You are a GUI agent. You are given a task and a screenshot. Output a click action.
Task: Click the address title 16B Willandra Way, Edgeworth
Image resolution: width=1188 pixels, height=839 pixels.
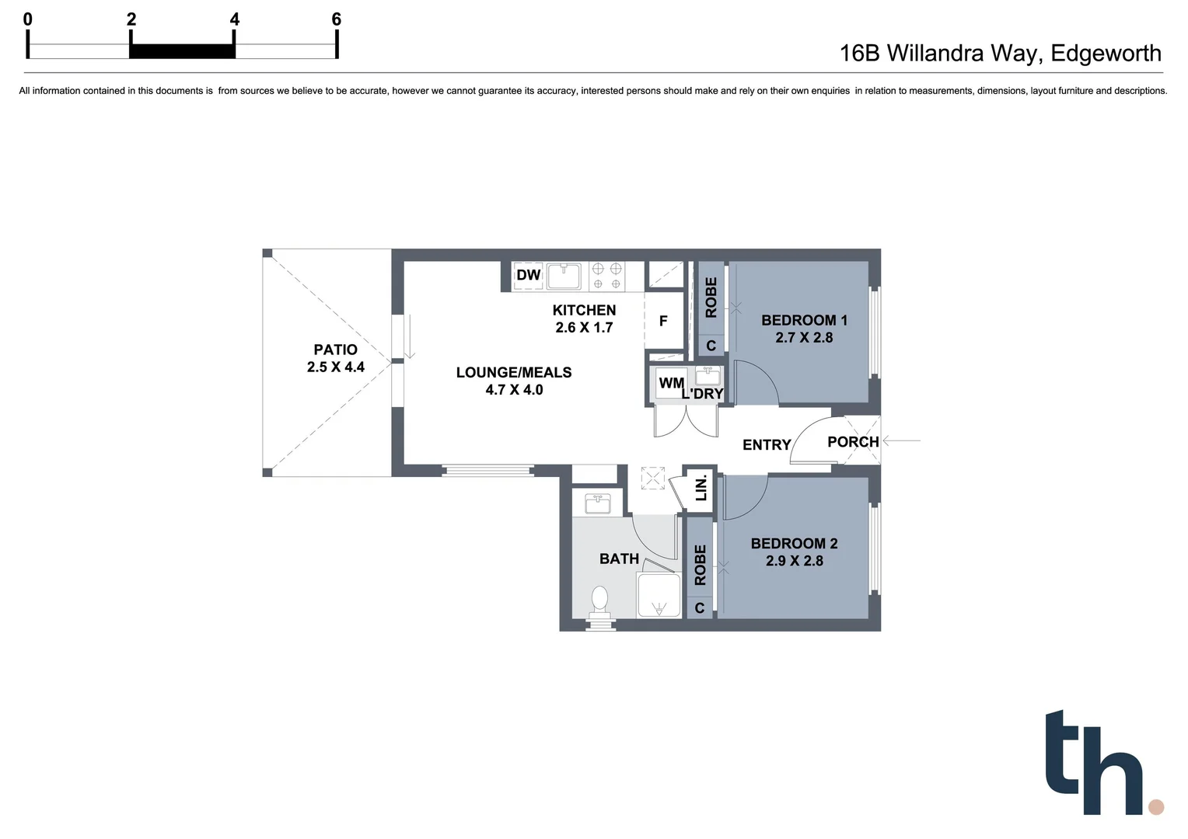[1000, 53]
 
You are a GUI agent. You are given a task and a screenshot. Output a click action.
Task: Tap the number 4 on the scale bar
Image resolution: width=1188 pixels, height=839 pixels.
[235, 19]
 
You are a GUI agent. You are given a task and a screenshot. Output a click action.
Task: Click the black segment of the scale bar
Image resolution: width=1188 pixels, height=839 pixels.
[182, 51]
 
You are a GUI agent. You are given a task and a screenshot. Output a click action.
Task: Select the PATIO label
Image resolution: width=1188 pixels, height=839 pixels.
[335, 350]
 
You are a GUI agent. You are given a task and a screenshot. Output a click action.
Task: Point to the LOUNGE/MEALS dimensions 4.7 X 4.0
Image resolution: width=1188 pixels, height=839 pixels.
[514, 390]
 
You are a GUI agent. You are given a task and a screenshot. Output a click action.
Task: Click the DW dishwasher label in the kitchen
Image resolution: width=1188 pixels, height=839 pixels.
[528, 275]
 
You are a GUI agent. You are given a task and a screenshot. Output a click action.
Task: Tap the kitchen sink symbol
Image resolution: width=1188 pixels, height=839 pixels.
[564, 276]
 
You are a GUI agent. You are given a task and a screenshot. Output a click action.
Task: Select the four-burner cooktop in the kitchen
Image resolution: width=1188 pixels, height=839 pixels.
[606, 277]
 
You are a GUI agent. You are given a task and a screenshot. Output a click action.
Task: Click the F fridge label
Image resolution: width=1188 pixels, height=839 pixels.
[663, 321]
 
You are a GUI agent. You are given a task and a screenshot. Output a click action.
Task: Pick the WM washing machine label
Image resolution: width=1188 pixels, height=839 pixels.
[670, 383]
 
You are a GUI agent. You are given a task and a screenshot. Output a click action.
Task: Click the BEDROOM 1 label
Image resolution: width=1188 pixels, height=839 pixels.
[804, 320]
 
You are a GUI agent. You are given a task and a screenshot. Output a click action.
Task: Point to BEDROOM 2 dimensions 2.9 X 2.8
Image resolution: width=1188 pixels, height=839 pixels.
[794, 561]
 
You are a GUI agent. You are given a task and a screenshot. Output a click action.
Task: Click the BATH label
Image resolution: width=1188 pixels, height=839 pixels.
[619, 559]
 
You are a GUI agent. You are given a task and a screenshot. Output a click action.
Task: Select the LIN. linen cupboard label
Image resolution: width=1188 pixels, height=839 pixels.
[701, 488]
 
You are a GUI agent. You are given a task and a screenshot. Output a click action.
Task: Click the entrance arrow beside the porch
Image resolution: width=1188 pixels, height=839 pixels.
[902, 440]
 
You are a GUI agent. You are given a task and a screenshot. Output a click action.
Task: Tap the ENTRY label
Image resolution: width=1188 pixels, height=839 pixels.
[766, 444]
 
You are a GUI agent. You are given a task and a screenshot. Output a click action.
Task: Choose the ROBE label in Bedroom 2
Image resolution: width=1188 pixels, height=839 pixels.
[700, 565]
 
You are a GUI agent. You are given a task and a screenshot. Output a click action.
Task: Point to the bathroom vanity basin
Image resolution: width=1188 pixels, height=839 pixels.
[597, 503]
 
